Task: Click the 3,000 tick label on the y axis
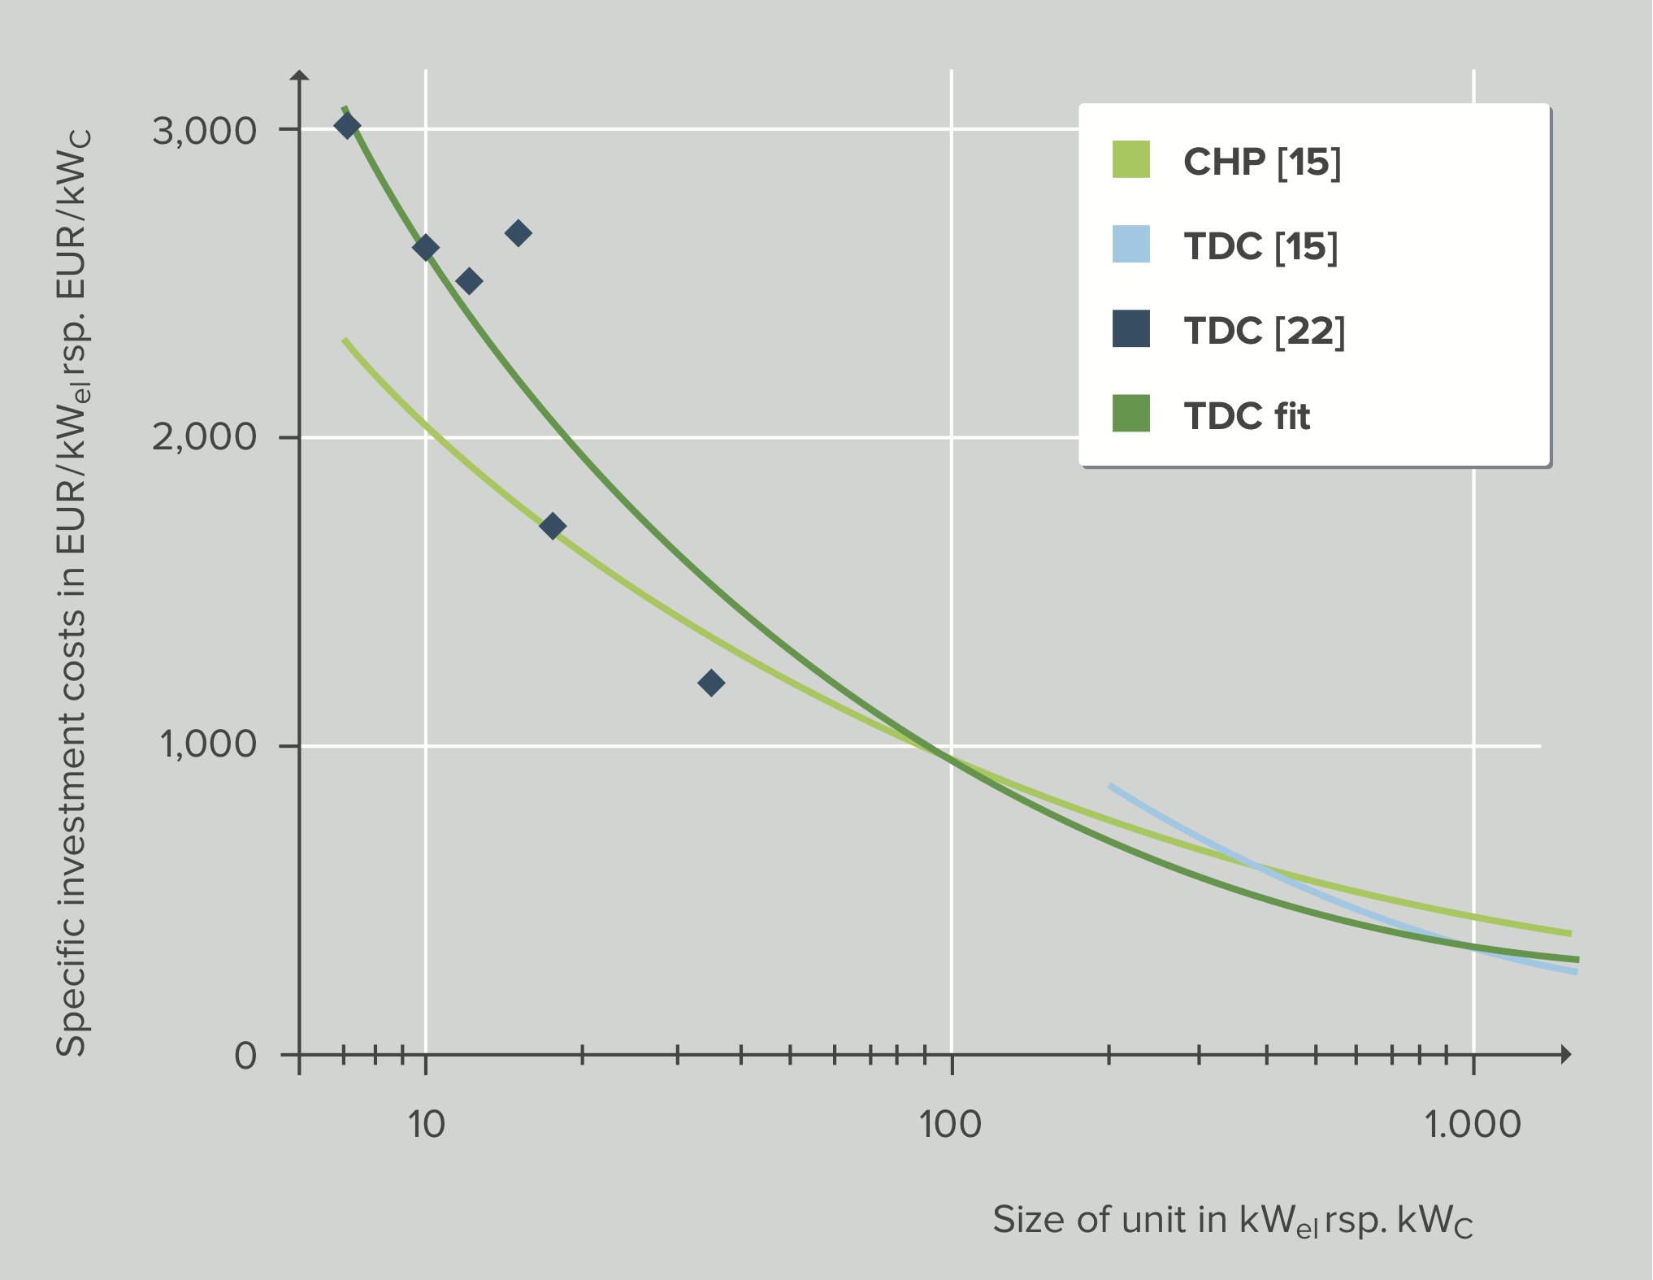[204, 130]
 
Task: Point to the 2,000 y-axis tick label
[204, 437]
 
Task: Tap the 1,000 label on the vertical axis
[208, 744]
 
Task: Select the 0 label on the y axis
[245, 1056]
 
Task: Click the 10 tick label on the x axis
[426, 1124]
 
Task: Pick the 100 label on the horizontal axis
[950, 1124]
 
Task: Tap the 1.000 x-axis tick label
[1472, 1124]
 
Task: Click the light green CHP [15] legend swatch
[1130, 159]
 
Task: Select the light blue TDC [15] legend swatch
[1130, 244]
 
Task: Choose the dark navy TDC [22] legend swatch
[1130, 328]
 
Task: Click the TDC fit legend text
[1247, 416]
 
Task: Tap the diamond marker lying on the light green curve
[553, 526]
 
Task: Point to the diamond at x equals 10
[425, 247]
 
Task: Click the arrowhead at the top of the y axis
[300, 75]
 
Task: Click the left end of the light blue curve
[1111, 786]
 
